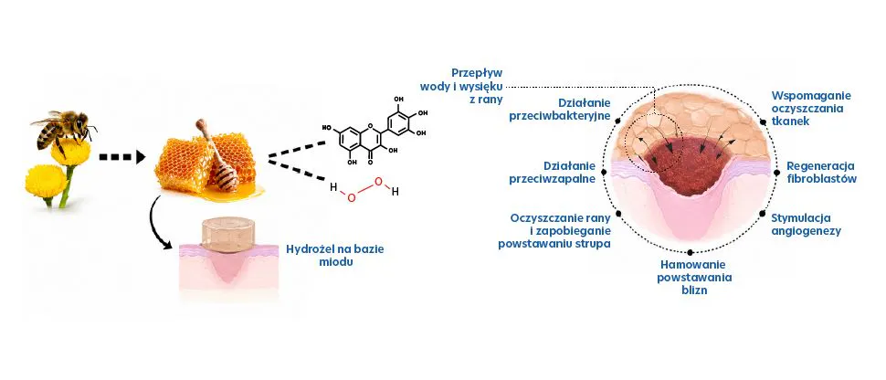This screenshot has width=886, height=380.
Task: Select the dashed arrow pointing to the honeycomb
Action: [122, 156]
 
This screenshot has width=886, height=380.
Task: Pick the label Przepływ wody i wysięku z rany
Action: [461, 86]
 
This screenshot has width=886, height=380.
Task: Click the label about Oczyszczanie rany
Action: [554, 231]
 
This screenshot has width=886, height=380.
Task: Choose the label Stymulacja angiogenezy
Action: [807, 225]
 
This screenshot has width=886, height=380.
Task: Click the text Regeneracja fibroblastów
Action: [821, 172]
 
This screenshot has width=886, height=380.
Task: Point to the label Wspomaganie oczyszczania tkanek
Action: [811, 108]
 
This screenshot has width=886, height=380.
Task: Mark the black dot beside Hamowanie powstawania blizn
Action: [690, 253]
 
